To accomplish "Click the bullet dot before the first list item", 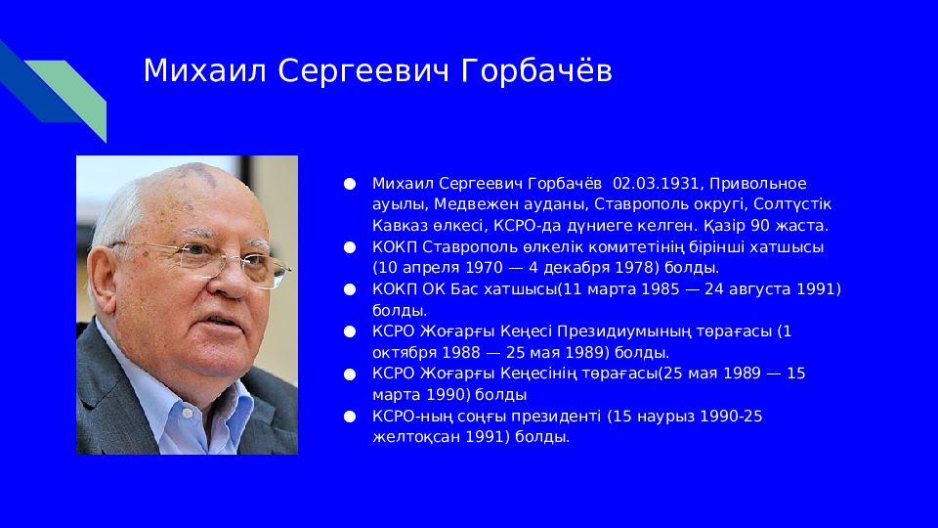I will point(350,184).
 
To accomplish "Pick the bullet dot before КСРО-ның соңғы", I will point(350,417).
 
